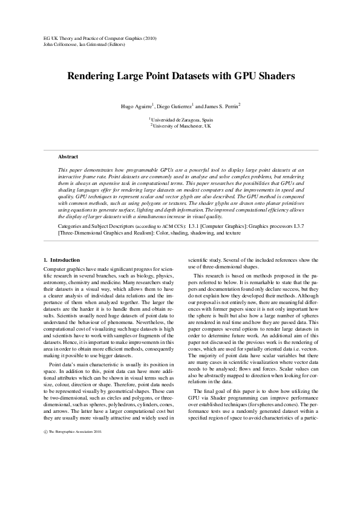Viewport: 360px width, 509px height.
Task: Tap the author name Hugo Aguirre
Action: pos(136,106)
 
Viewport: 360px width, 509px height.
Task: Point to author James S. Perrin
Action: pos(220,106)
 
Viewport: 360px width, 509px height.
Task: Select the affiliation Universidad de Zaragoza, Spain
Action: pos(182,120)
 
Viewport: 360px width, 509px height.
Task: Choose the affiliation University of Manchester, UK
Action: pos(182,126)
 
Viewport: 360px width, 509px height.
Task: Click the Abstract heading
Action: pos(68,157)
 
